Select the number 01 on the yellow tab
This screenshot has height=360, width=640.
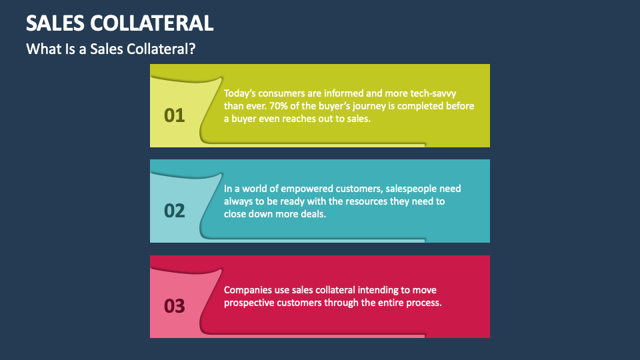click(x=174, y=115)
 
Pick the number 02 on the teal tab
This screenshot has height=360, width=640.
click(x=174, y=211)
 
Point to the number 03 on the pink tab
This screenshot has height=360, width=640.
click(x=174, y=306)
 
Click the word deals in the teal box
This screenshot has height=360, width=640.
click(x=312, y=214)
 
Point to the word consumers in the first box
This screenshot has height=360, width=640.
click(x=285, y=93)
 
